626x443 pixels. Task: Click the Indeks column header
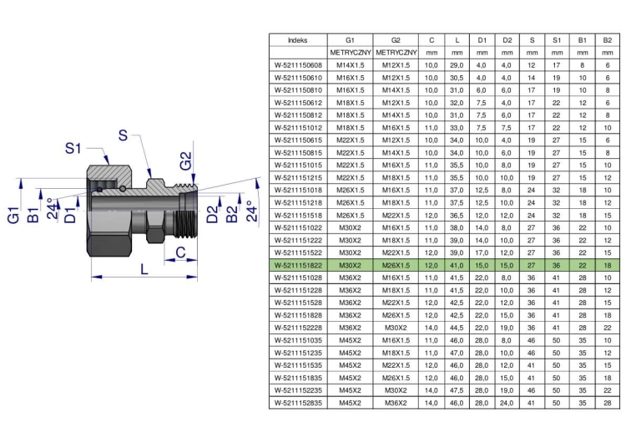pyautogui.click(x=298, y=40)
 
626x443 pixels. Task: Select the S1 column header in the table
pyautogui.click(x=557, y=40)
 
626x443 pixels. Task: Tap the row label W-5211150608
pyautogui.click(x=298, y=65)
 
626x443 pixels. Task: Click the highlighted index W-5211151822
pyautogui.click(x=298, y=265)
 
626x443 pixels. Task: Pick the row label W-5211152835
pyautogui.click(x=298, y=403)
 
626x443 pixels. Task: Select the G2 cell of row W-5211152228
pyautogui.click(x=396, y=328)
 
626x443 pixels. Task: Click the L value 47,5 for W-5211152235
pyautogui.click(x=457, y=390)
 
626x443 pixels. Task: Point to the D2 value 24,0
pyautogui.click(x=507, y=403)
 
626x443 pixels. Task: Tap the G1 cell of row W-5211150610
pyautogui.click(x=350, y=78)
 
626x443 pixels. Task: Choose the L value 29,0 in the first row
pyautogui.click(x=457, y=65)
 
